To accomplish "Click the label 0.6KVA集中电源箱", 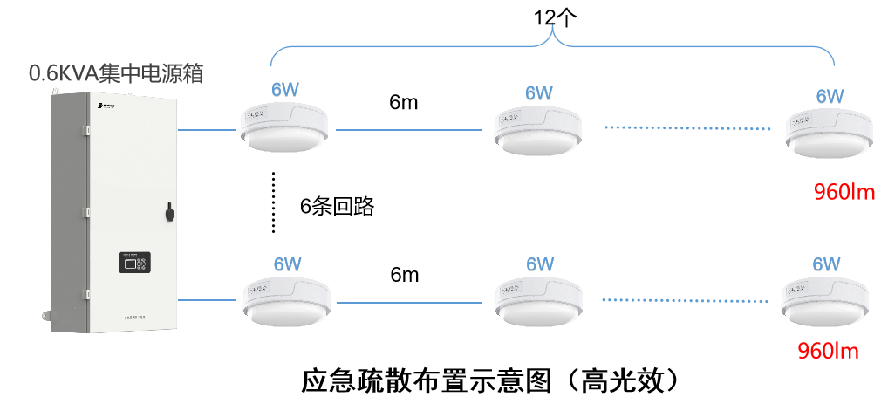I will (x=116, y=73).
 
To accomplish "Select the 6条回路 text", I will (x=337, y=206).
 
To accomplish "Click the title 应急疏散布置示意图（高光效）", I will (x=489, y=380).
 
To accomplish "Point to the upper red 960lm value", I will (x=844, y=192).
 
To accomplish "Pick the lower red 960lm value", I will (x=829, y=352).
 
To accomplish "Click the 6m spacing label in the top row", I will (x=404, y=102).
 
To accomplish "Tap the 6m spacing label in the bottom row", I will (x=404, y=275).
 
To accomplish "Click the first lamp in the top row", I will (x=284, y=127).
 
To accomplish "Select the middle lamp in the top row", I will (x=537, y=127).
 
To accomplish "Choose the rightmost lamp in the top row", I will (x=829, y=131).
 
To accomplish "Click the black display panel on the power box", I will (x=133, y=263).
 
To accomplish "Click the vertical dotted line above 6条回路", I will (x=273, y=202).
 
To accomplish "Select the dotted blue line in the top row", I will (x=688, y=129).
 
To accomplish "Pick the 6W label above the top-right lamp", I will (x=830, y=96).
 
